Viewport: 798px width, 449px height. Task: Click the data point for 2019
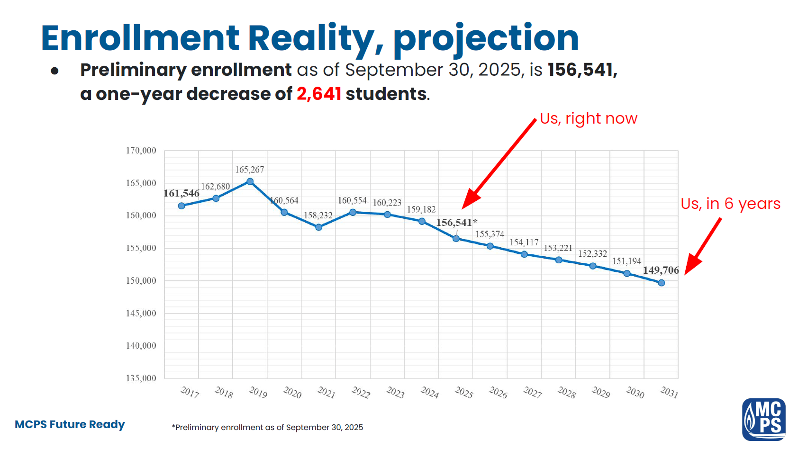click(250, 181)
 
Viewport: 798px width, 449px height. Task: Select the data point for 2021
click(318, 227)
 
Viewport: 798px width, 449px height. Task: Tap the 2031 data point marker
click(662, 283)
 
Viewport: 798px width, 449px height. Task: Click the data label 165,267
click(250, 170)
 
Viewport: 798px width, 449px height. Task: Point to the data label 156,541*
click(456, 223)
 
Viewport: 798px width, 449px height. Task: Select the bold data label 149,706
click(661, 270)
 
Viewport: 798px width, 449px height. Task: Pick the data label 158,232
click(318, 216)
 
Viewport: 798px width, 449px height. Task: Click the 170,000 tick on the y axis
click(141, 151)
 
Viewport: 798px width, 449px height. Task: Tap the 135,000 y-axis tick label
click(141, 378)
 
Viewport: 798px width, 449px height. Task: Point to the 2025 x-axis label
click(464, 393)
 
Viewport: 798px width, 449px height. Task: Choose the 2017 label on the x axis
click(190, 392)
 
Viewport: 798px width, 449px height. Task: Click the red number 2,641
click(319, 94)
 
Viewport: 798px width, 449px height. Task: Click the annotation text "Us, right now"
click(589, 118)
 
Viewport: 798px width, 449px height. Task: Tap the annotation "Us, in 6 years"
click(730, 204)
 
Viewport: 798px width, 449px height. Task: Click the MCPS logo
click(763, 419)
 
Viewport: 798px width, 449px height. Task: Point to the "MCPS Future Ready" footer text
click(70, 424)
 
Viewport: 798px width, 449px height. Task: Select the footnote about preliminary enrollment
click(267, 427)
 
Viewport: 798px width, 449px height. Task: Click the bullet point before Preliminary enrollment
click(55, 71)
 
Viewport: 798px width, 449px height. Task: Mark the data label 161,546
click(181, 193)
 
